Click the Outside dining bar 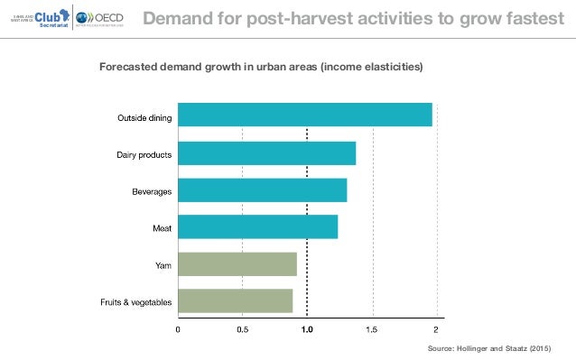pos(304,115)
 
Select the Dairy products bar pos(266,153)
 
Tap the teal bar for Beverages pos(262,190)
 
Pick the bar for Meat pos(257,227)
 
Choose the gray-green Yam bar pos(237,264)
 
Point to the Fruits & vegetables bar pos(235,301)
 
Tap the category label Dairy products pos(144,155)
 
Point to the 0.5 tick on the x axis pos(242,330)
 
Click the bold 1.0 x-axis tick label pos(307,330)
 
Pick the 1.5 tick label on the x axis pos(372,330)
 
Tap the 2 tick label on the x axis pos(436,330)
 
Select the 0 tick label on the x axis pos(178,330)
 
